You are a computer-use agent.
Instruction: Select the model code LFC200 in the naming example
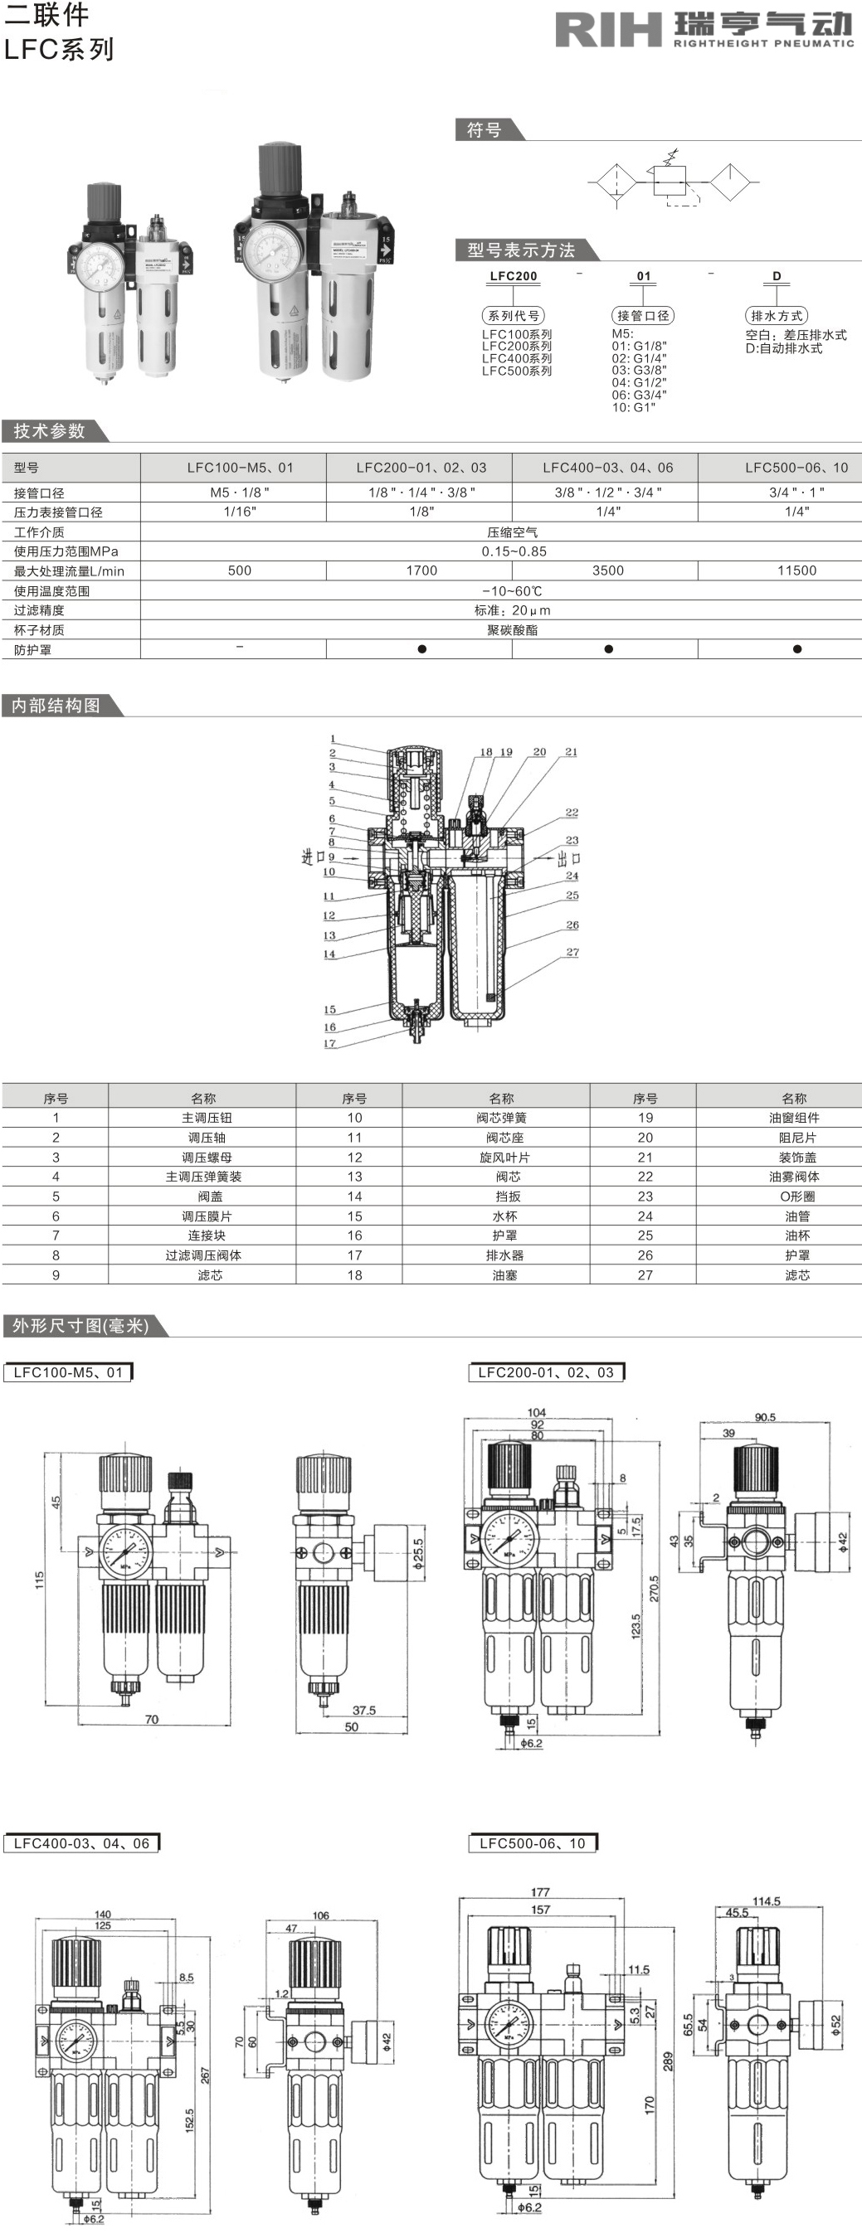[514, 275]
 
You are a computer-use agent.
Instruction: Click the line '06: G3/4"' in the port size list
[639, 395]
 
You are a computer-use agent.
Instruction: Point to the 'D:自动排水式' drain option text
[784, 348]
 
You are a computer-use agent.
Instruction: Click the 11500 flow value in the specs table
[796, 570]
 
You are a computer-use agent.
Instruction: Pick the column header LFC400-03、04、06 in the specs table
[607, 467]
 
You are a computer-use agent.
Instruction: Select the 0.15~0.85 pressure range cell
[514, 551]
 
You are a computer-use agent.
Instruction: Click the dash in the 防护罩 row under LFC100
[239, 648]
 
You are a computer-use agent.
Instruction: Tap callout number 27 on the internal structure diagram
[572, 952]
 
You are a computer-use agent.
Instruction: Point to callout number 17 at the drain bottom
[329, 1043]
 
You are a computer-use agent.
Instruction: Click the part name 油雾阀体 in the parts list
[793, 1177]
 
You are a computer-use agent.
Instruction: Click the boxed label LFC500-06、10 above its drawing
[532, 1844]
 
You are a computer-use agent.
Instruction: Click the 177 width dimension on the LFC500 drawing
[540, 1891]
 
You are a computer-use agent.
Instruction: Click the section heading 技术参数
[49, 431]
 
